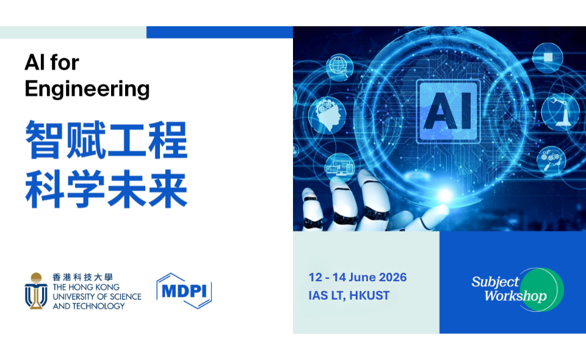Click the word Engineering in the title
click(87, 89)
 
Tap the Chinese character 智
click(45, 140)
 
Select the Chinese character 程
click(167, 140)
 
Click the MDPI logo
click(184, 290)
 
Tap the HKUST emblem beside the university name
click(37, 290)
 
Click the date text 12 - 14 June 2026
click(358, 278)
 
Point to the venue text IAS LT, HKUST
click(349, 296)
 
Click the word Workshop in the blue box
click(516, 297)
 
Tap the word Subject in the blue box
click(495, 282)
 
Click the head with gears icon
click(323, 113)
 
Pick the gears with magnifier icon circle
click(550, 160)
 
